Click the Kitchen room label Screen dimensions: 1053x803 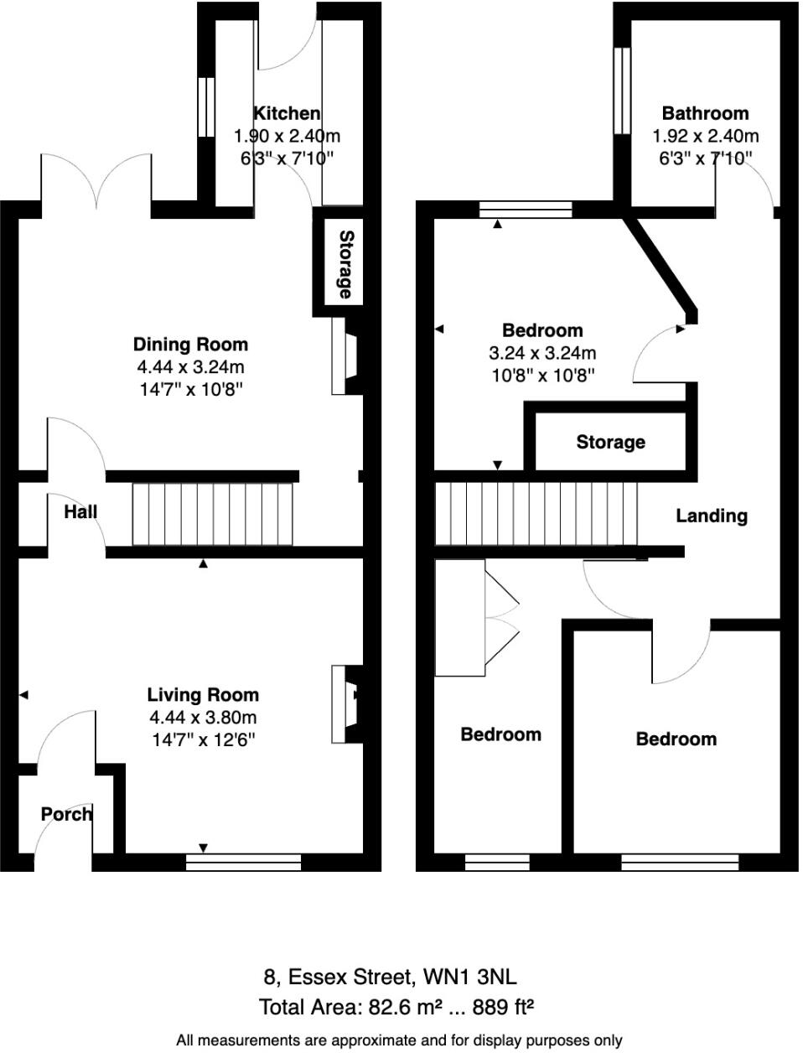[287, 113]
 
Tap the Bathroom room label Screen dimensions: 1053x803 [705, 113]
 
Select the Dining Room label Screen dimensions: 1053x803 [190, 345]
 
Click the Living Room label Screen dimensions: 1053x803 [203, 695]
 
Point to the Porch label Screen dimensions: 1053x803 [66, 814]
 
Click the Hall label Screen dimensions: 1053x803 [80, 511]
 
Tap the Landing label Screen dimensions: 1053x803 [712, 516]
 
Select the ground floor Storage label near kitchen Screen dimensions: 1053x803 [345, 265]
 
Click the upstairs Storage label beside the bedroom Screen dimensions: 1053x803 [610, 442]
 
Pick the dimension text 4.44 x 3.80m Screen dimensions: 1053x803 [203, 718]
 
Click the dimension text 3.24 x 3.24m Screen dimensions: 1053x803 [542, 353]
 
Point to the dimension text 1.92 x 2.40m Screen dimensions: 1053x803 [705, 136]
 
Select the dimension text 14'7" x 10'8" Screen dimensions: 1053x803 [190, 390]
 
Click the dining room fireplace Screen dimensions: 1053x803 [345, 356]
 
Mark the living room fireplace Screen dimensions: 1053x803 [345, 704]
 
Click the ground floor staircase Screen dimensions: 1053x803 [214, 512]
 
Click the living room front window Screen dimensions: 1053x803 [243, 863]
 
